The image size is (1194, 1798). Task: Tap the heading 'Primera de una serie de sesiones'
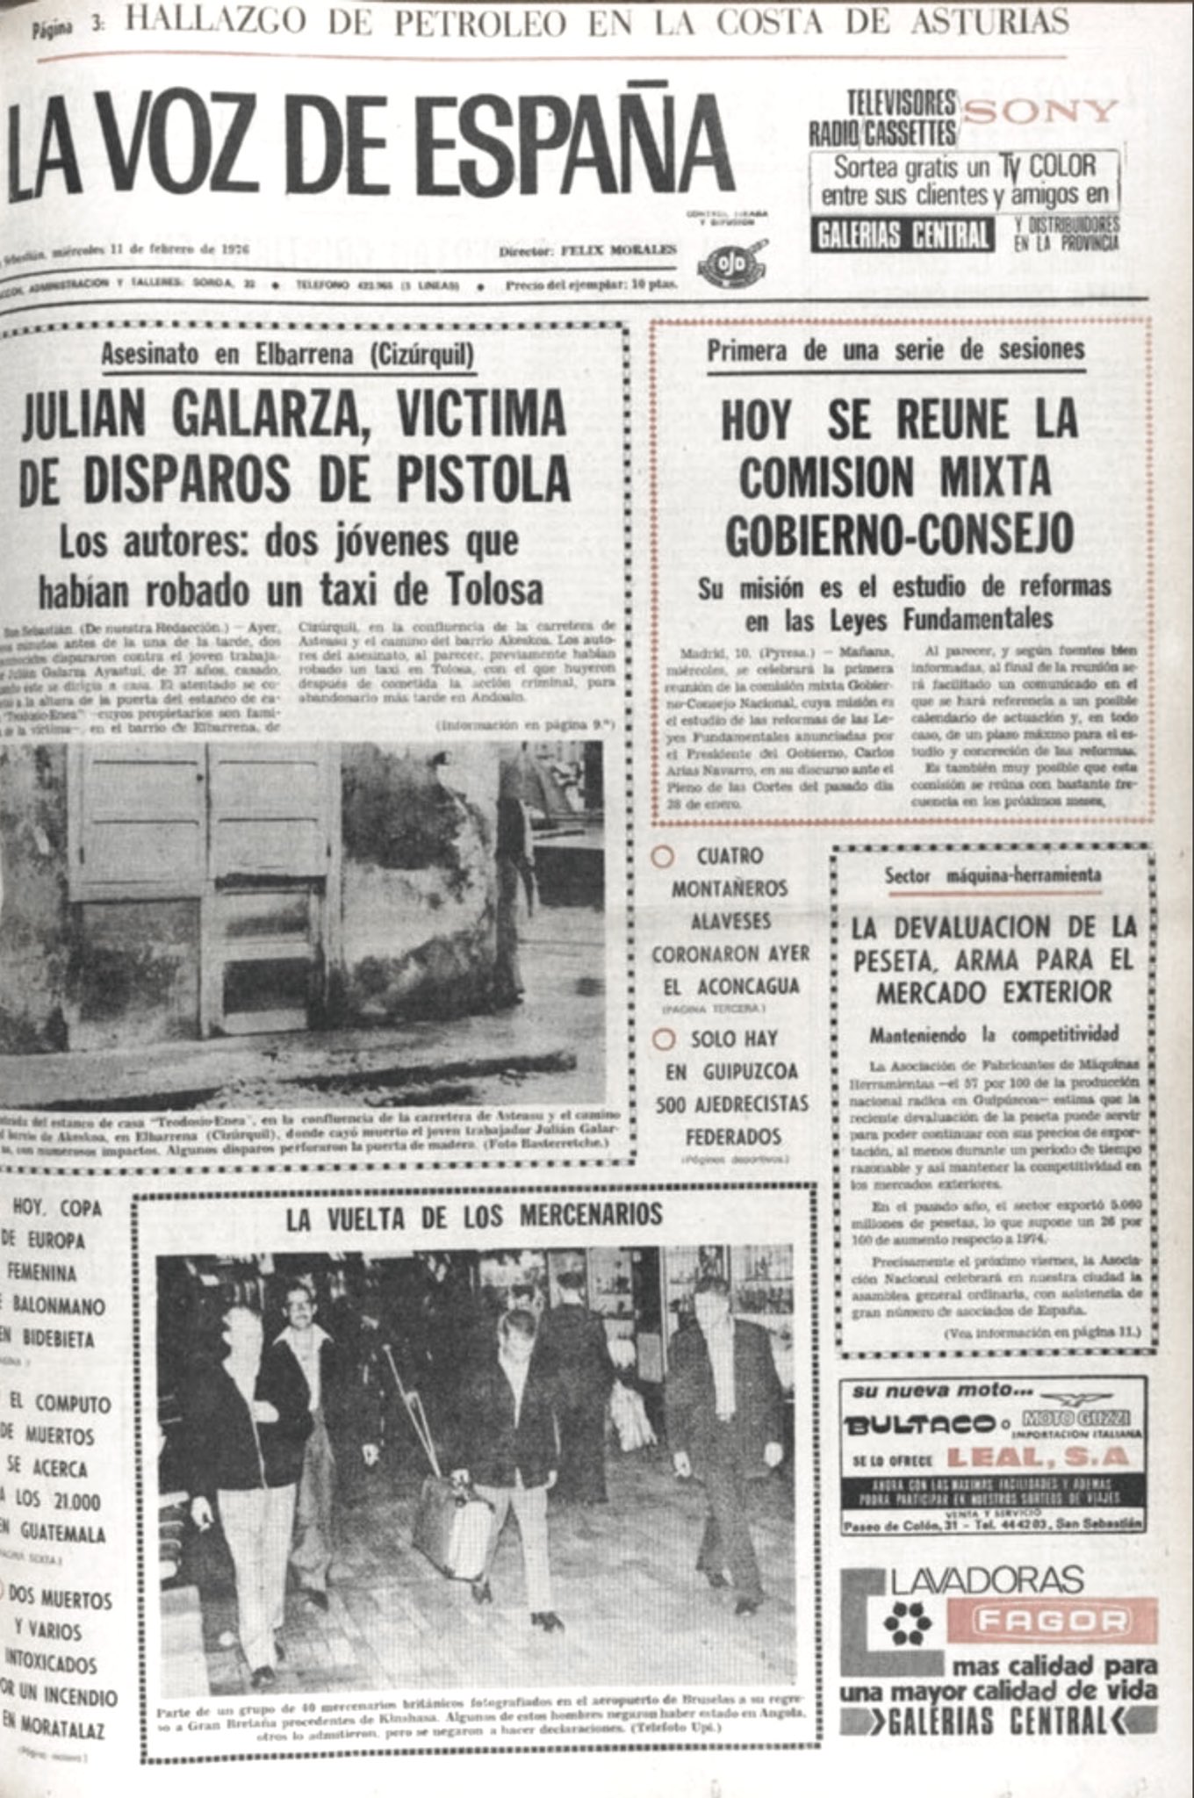click(895, 350)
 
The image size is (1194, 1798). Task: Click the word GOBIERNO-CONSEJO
click(900, 533)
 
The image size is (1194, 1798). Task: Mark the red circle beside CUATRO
click(664, 856)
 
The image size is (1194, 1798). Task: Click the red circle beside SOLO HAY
click(665, 1039)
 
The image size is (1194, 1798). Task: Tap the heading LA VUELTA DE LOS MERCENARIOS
click(473, 1216)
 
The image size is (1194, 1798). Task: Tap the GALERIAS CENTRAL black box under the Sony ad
click(903, 236)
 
